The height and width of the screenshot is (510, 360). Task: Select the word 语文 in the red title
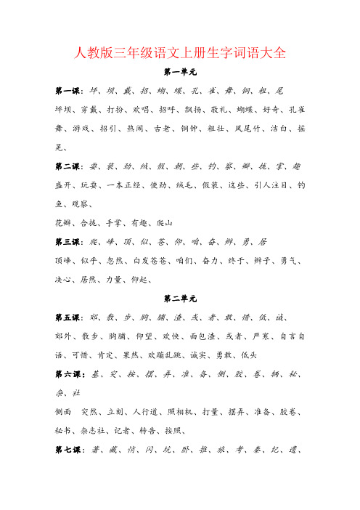point(162,52)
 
